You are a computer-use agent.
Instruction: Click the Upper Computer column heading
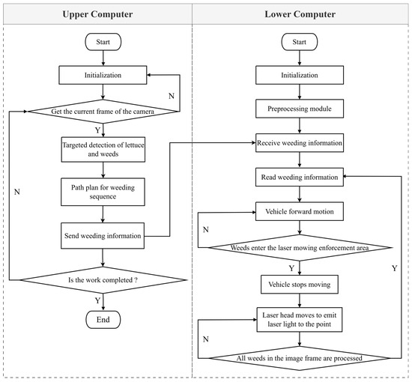97,14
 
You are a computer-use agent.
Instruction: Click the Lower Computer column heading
300,14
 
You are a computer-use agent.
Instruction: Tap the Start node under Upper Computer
103,42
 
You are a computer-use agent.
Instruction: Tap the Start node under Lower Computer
300,42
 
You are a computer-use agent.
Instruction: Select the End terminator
103,320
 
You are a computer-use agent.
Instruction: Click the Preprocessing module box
300,109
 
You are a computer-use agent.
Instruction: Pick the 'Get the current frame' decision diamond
103,112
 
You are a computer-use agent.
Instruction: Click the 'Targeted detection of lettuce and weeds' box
103,149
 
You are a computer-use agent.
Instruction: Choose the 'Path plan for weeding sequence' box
103,192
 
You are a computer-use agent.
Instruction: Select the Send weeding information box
103,236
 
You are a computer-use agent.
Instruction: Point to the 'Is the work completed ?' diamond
103,280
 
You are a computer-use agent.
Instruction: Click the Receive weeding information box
300,143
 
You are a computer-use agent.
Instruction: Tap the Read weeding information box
300,177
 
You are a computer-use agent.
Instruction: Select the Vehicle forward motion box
300,211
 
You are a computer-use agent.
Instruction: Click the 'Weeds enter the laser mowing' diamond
300,247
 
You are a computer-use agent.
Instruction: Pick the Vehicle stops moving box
300,285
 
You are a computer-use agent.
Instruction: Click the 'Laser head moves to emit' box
300,320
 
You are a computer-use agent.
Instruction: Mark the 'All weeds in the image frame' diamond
300,358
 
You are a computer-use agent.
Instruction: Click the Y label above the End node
97,300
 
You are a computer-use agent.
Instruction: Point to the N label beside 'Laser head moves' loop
206,339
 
